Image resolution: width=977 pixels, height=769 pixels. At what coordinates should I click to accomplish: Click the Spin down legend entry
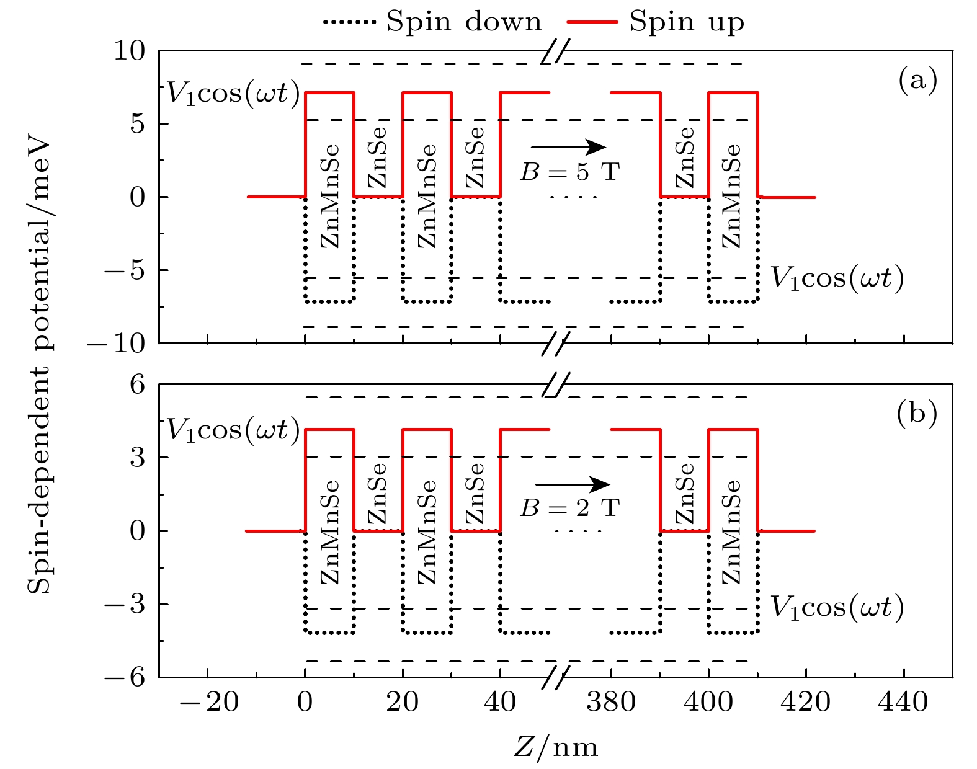point(432,22)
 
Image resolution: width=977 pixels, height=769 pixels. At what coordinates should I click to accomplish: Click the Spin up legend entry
point(655,22)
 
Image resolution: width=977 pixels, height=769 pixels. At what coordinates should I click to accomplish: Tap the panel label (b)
point(917,414)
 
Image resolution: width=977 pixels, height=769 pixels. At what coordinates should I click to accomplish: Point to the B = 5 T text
point(569,172)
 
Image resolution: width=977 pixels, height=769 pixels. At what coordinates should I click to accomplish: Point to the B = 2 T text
point(569,509)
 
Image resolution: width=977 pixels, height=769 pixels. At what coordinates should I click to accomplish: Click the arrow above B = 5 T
point(568,147)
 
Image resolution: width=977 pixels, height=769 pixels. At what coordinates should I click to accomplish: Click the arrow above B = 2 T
point(572,484)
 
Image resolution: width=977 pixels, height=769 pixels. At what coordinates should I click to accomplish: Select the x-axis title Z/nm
point(556,747)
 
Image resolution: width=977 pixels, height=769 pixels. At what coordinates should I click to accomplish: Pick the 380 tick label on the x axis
point(612,703)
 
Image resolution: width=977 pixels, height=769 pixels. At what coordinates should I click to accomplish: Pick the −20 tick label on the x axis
point(208,703)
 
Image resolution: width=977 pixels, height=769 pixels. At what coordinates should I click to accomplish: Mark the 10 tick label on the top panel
point(128,51)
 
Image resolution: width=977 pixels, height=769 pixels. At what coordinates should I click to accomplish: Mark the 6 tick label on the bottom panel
point(137,384)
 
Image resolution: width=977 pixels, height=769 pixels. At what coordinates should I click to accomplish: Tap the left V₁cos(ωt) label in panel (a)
point(233,95)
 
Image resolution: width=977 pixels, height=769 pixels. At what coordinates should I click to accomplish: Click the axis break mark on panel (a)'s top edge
point(555,53)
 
